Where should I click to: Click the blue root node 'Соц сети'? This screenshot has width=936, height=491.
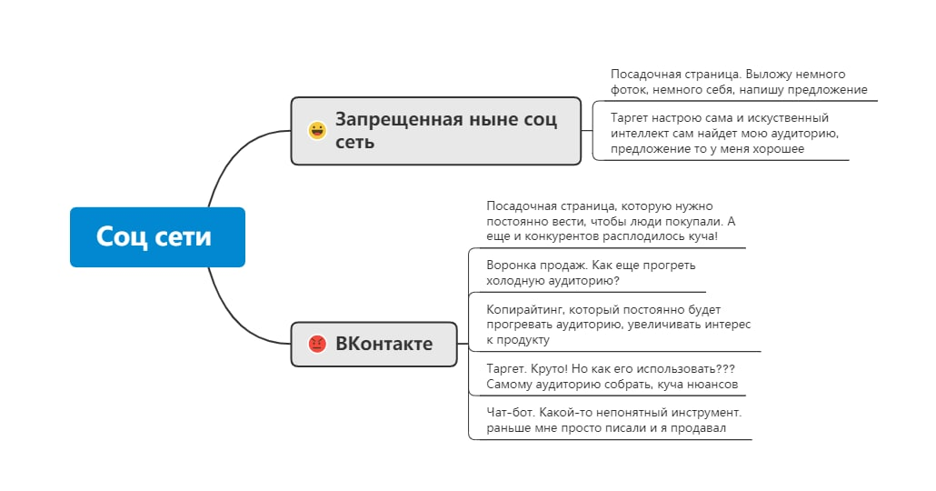[157, 237]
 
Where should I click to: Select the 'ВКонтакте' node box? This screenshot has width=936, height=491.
[373, 344]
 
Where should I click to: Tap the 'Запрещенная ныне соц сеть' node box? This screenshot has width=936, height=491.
[435, 131]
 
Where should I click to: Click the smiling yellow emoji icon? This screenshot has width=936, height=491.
[317, 131]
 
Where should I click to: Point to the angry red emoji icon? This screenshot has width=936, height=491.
[317, 344]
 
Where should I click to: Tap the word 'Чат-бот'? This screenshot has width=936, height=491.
[507, 412]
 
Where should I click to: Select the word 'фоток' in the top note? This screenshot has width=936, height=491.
[628, 90]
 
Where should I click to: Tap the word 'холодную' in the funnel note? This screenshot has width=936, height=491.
[515, 280]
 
